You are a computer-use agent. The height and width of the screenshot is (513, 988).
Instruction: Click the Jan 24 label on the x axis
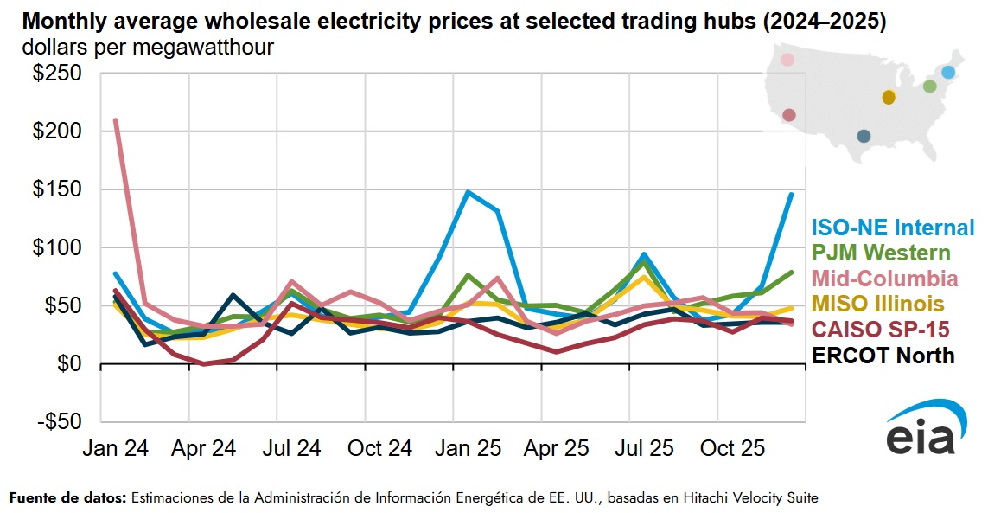(x=115, y=449)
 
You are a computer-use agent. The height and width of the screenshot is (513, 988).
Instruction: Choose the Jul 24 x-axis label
(x=292, y=449)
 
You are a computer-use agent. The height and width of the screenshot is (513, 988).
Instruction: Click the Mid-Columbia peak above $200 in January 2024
(x=116, y=120)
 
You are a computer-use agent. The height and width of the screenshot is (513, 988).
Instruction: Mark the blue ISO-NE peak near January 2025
(x=468, y=191)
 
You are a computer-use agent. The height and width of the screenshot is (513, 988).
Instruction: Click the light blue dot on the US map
(x=948, y=73)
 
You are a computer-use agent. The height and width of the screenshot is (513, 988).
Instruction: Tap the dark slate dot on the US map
(x=864, y=136)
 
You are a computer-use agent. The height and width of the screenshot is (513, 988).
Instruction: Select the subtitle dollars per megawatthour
(x=149, y=48)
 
